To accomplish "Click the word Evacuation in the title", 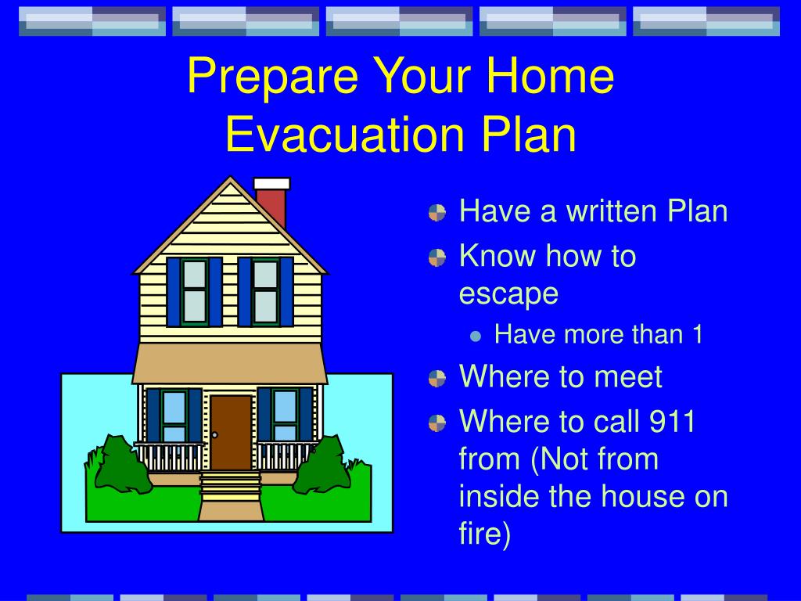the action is [x=345, y=133].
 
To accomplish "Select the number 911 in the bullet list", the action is [x=672, y=421].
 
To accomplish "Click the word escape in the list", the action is [x=508, y=295].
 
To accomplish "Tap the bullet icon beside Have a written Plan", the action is [x=437, y=213].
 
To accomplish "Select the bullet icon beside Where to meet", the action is [x=437, y=379].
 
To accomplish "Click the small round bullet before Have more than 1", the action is [x=476, y=336].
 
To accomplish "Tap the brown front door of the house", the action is [x=231, y=432].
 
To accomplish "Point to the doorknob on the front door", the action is [x=215, y=435].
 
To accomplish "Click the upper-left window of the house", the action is [x=195, y=292].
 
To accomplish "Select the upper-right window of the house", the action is [x=266, y=292].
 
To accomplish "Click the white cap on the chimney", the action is [x=271, y=184].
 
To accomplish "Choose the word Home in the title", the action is [x=549, y=75].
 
